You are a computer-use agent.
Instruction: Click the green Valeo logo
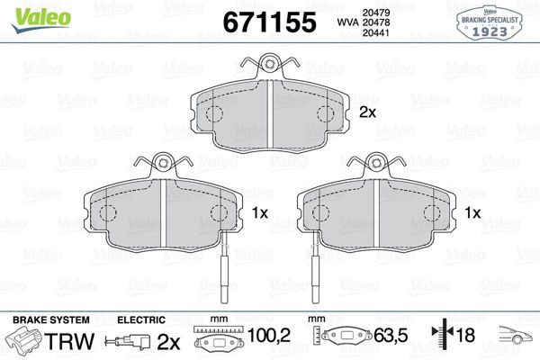[41, 20]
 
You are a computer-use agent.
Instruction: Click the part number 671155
[269, 22]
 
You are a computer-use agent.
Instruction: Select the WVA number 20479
[375, 13]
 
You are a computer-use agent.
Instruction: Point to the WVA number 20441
[375, 32]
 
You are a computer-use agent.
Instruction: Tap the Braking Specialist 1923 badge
[490, 22]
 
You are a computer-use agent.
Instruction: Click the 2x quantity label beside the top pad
[367, 112]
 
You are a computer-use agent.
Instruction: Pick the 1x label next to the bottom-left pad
[260, 213]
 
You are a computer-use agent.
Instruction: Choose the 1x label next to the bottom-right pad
[472, 213]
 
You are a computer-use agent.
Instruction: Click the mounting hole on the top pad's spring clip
[269, 64]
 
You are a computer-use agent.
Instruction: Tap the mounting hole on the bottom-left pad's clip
[163, 163]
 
